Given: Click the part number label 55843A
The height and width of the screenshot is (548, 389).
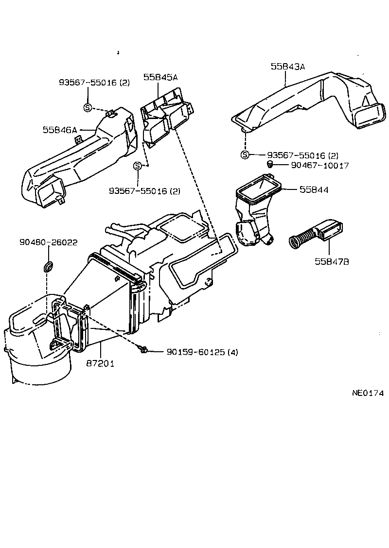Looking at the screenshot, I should [x=288, y=67].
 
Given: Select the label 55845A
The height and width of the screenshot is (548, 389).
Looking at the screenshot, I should [x=160, y=77].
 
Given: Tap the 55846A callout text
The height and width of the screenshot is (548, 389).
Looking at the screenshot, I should [x=60, y=130].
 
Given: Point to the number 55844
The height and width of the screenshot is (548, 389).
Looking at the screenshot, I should [x=314, y=190].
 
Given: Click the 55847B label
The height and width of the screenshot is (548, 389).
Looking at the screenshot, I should [x=332, y=262].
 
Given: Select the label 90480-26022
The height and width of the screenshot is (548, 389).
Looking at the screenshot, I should [x=49, y=242].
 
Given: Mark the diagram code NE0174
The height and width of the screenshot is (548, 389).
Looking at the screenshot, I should [x=368, y=393].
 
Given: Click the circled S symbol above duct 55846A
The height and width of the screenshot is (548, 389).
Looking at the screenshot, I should [x=88, y=107].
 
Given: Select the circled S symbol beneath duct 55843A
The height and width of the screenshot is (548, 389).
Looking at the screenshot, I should [x=245, y=155].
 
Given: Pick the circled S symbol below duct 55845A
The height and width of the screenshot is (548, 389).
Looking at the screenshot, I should [x=138, y=166].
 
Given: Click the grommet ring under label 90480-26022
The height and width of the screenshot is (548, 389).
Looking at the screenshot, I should [x=49, y=266].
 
